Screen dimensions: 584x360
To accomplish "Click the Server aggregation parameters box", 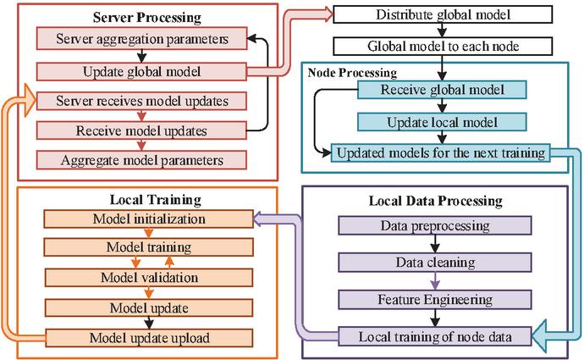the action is [141, 38].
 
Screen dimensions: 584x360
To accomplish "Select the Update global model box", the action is [141, 71].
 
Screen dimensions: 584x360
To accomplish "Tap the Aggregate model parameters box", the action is [141, 160].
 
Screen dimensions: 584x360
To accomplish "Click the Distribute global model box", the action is [443, 14].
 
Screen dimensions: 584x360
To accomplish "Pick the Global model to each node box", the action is [443, 47].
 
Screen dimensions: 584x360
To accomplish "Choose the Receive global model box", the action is [442, 90].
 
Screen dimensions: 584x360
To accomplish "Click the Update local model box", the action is [442, 122].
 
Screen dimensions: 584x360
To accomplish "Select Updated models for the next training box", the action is [441, 152].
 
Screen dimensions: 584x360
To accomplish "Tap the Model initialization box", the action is [149, 219].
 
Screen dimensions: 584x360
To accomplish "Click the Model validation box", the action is [149, 278].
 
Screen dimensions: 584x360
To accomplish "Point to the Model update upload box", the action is [149, 338].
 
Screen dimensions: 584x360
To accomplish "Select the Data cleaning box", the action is [435, 263].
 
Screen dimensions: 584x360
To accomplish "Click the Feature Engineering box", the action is [435, 300].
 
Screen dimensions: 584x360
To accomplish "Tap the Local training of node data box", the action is [435, 337].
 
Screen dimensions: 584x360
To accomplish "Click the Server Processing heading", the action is [147, 18].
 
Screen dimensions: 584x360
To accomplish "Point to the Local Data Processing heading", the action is [435, 202].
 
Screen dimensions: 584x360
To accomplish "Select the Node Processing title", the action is [352, 73].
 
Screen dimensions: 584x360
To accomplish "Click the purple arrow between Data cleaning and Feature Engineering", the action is [435, 281].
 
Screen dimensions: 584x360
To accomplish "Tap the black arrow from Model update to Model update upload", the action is [149, 323].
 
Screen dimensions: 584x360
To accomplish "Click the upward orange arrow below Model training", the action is [169, 263].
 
